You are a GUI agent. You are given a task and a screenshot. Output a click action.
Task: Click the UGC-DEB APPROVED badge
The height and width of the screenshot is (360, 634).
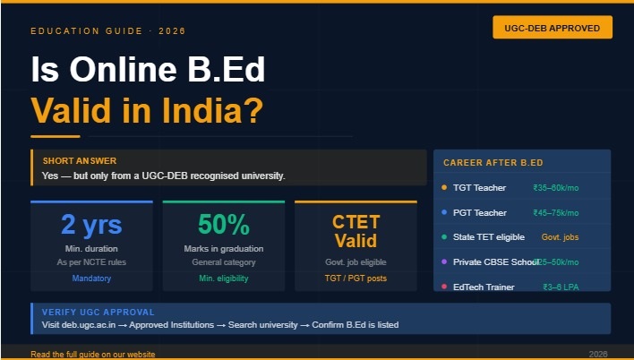point(552,27)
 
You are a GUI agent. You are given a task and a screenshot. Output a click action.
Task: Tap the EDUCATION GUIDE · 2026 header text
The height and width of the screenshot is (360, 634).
point(107,31)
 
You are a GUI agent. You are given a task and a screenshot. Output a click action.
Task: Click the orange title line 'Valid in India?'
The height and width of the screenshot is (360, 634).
point(147,110)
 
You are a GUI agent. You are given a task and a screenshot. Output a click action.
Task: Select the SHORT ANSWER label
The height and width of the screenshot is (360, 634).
point(79,160)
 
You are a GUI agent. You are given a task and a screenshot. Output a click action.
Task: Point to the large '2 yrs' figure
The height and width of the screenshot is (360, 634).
point(91,224)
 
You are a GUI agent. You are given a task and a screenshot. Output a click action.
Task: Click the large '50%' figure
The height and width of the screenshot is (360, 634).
point(223,224)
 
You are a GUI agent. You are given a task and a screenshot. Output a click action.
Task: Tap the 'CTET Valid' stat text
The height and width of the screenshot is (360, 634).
point(356,231)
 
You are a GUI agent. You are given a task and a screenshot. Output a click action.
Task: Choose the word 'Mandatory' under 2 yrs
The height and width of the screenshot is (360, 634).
point(91,279)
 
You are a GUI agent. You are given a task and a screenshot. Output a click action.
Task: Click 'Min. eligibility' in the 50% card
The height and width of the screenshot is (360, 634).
point(223,279)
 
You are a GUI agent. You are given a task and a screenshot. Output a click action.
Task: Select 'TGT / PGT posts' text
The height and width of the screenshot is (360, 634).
point(356,279)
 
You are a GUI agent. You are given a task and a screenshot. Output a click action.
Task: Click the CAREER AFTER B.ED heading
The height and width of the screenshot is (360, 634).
point(493,163)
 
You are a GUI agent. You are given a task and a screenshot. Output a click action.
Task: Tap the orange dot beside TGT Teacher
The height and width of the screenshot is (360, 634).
point(444,188)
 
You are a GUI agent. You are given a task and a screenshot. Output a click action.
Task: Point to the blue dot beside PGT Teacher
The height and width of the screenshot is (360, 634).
point(444,213)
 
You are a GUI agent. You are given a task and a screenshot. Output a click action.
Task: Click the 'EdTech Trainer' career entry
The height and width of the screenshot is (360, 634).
point(484,287)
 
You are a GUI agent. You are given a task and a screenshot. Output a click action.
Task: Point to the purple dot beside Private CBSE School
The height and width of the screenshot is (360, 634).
point(444,262)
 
